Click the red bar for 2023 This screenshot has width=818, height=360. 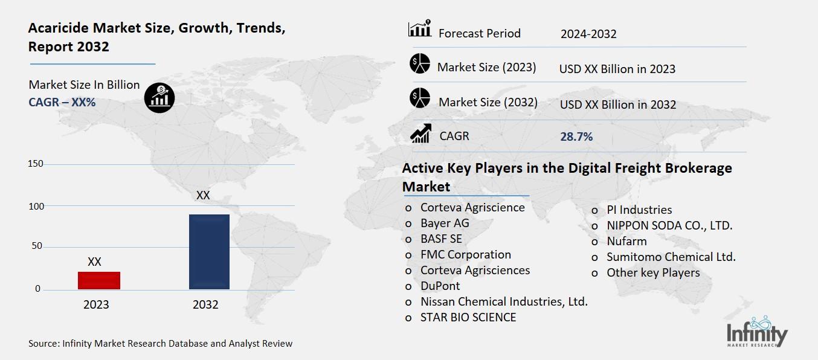coord(99,280)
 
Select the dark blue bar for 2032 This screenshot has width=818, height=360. coord(209,251)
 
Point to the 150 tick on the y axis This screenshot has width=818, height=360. coord(36,164)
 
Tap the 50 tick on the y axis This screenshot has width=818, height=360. coord(37,246)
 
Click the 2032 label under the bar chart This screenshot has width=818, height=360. coord(205,304)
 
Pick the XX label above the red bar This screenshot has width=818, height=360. coord(94,262)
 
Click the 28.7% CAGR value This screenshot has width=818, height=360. coord(576,137)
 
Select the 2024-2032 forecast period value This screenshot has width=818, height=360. coord(588,34)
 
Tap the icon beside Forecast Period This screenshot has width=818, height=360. coord(419,29)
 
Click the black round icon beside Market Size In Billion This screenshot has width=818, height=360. coord(159,97)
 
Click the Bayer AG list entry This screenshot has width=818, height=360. coord(445,223)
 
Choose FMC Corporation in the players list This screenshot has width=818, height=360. coord(465,254)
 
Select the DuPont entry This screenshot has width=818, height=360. coord(440,286)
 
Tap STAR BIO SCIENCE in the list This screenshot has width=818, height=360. coord(468,317)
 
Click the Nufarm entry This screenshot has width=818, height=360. coord(626,241)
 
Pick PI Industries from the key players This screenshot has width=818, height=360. coord(639,210)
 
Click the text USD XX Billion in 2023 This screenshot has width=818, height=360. coord(617,69)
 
